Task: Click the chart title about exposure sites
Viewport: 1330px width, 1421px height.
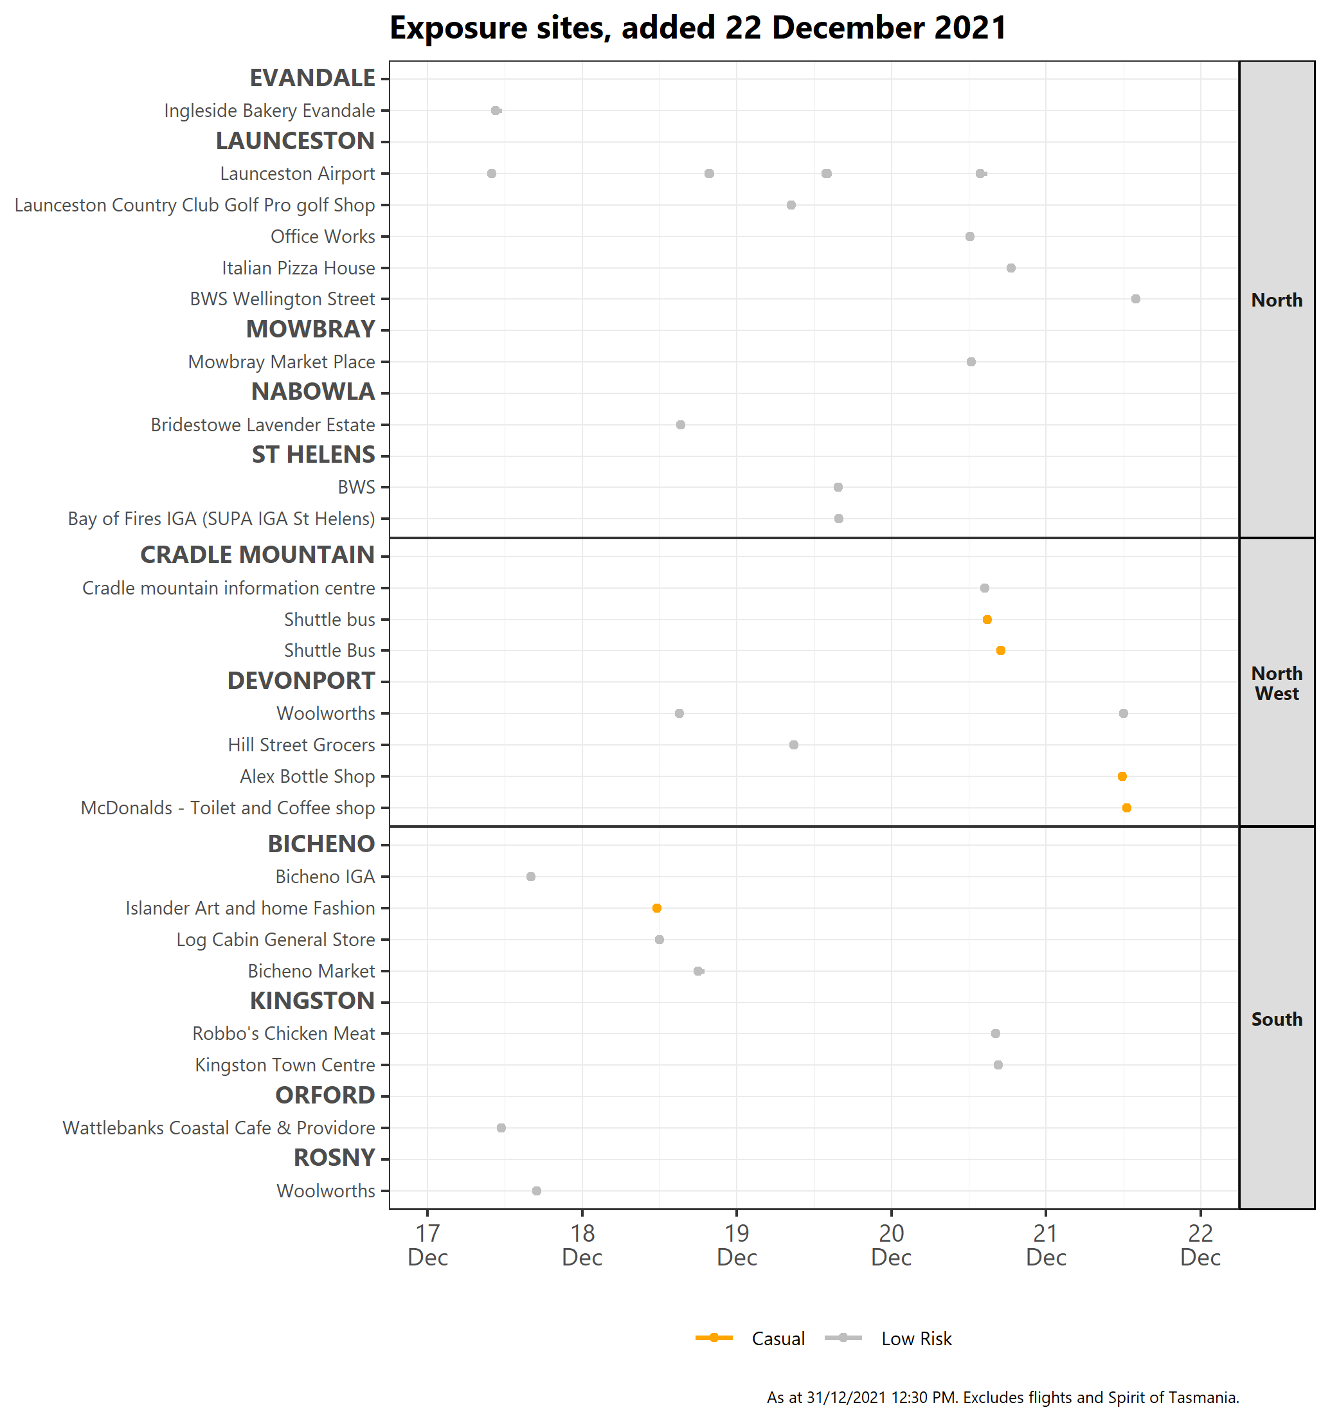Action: coord(698,28)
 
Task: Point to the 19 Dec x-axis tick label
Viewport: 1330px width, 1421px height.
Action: coord(737,1245)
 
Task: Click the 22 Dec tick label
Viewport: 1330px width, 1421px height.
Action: coord(1200,1245)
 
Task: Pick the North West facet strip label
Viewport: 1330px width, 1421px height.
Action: coord(1277,683)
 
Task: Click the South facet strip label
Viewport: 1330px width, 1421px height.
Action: coord(1277,1019)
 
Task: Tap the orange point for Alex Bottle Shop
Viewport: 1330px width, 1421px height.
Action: coord(1122,776)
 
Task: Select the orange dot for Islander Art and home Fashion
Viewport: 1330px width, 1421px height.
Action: coord(656,907)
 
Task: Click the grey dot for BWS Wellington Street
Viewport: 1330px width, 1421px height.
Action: coord(1135,299)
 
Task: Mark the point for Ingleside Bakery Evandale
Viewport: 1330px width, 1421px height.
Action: coord(496,110)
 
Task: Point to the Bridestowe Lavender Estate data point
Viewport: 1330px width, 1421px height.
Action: coord(681,425)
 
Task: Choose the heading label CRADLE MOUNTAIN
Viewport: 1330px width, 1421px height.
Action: coord(257,555)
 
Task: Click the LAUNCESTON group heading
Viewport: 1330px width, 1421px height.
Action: coord(295,141)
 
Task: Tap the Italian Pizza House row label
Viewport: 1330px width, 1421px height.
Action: coord(298,268)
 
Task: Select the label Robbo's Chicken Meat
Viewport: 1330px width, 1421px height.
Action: coord(284,1033)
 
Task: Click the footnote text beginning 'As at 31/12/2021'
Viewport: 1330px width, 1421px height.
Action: coord(1003,1397)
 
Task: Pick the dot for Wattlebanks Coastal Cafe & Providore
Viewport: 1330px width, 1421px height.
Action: coord(501,1128)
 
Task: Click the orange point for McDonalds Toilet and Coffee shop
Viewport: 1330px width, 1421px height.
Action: coord(1126,808)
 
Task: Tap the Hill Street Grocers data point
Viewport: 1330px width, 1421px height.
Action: coord(794,745)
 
